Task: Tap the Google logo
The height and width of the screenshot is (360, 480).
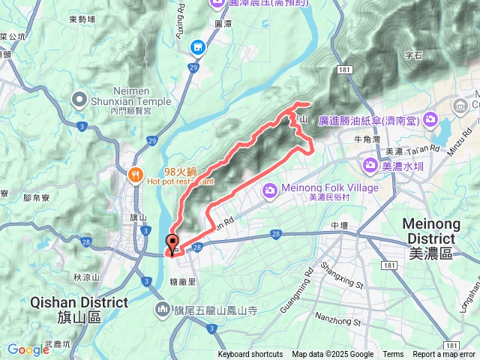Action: (x=28, y=349)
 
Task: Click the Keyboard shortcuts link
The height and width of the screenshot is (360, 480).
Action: (x=250, y=355)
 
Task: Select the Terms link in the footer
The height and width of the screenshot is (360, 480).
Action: (x=393, y=355)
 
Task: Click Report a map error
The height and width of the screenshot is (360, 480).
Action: (x=444, y=355)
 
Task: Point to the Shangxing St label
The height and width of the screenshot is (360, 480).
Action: (x=343, y=275)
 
